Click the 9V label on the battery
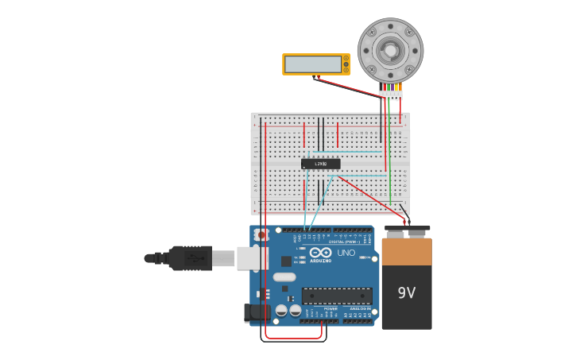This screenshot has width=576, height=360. coord(406,292)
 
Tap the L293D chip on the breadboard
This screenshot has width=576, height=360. coord(321,164)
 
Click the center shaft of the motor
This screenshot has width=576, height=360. coord(390,51)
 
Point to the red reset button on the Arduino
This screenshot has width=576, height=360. coord(261,234)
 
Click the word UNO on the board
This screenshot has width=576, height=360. coord(346,253)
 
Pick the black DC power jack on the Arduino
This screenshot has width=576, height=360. coord(257,312)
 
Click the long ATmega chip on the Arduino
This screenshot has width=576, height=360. coord(337,296)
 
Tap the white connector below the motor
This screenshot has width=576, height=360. coord(390,95)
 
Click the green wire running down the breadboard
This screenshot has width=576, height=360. coord(390,151)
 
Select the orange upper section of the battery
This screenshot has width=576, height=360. coord(407,251)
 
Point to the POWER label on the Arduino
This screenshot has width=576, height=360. coord(319,308)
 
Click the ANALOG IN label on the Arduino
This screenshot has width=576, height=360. coord(358,308)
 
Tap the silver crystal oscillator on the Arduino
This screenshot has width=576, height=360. coord(284,277)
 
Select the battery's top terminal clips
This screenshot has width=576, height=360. coord(407,228)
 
